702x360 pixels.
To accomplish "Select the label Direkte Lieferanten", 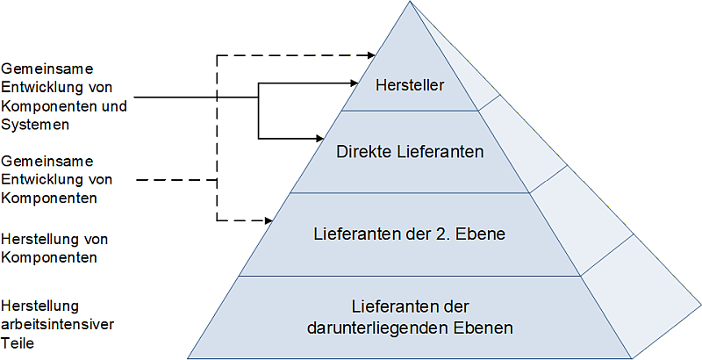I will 410,152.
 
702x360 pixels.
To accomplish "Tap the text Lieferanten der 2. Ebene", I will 410,234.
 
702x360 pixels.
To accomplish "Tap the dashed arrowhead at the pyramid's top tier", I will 369,55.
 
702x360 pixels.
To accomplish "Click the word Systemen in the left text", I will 35,124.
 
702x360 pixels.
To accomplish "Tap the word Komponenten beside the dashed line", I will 49,198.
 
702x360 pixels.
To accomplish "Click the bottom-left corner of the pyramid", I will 189,357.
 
